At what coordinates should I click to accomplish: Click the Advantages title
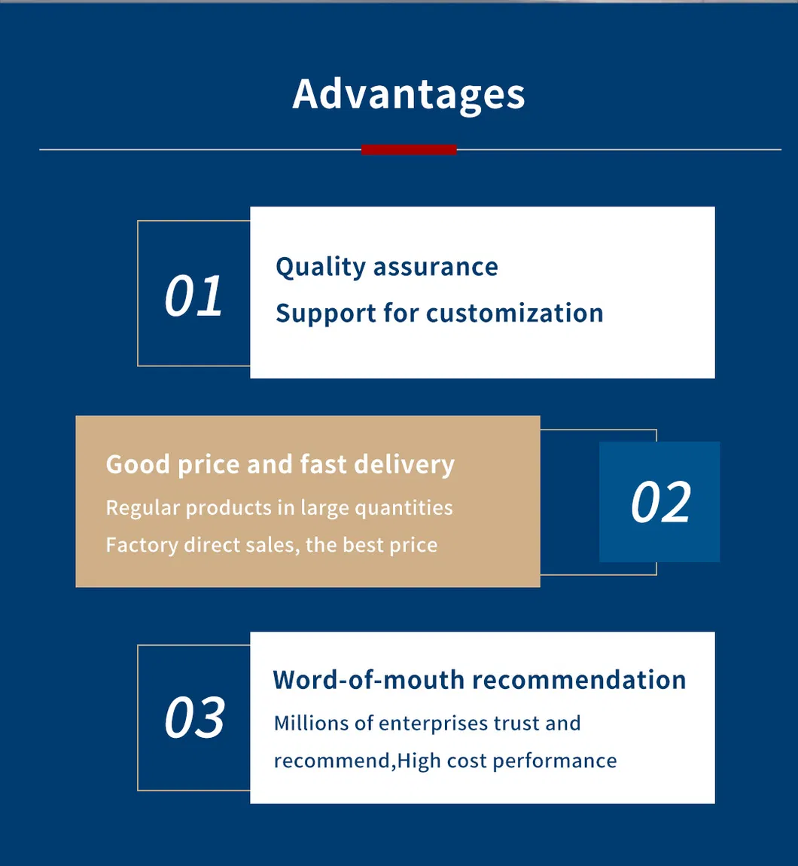[409, 95]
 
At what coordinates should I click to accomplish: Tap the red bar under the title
[410, 150]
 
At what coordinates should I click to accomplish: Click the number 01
[193, 295]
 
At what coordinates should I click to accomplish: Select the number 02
[661, 501]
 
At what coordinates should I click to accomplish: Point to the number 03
[195, 717]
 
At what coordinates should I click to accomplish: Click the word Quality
[321, 268]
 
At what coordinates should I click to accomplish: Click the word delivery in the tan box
[404, 464]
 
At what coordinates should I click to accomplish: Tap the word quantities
[404, 508]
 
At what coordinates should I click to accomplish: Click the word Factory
[142, 545]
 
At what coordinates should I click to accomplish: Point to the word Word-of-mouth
[368, 680]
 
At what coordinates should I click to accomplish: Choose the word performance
[555, 762]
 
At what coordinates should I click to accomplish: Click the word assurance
[436, 268]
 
